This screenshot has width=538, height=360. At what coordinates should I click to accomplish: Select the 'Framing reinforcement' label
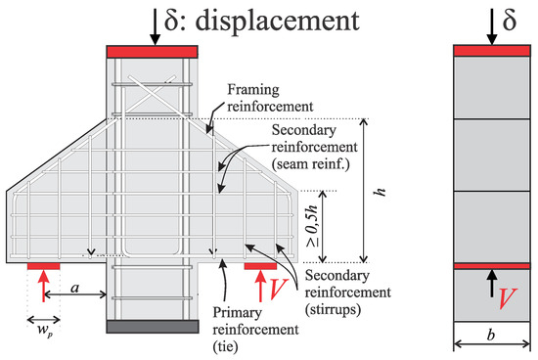(260, 94)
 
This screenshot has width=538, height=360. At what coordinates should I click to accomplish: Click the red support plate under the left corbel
(43, 265)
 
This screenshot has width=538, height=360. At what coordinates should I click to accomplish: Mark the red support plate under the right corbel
(260, 265)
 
